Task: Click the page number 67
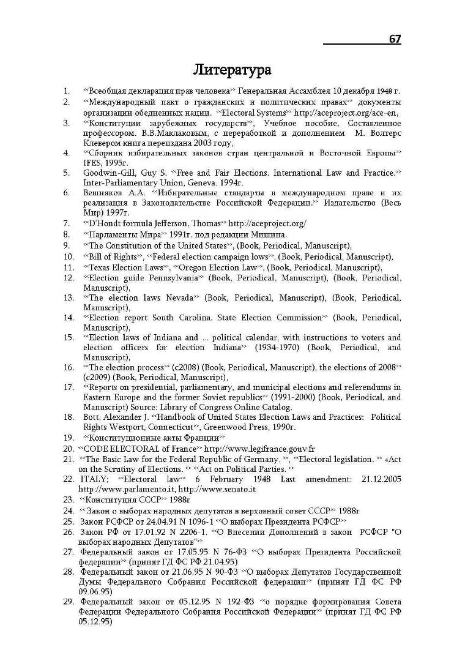pos(395,39)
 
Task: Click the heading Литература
pos(232,69)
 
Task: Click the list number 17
pos(69,387)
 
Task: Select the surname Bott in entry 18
pos(91,417)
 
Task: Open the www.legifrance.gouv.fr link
pos(259,448)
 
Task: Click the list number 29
pos(69,601)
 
